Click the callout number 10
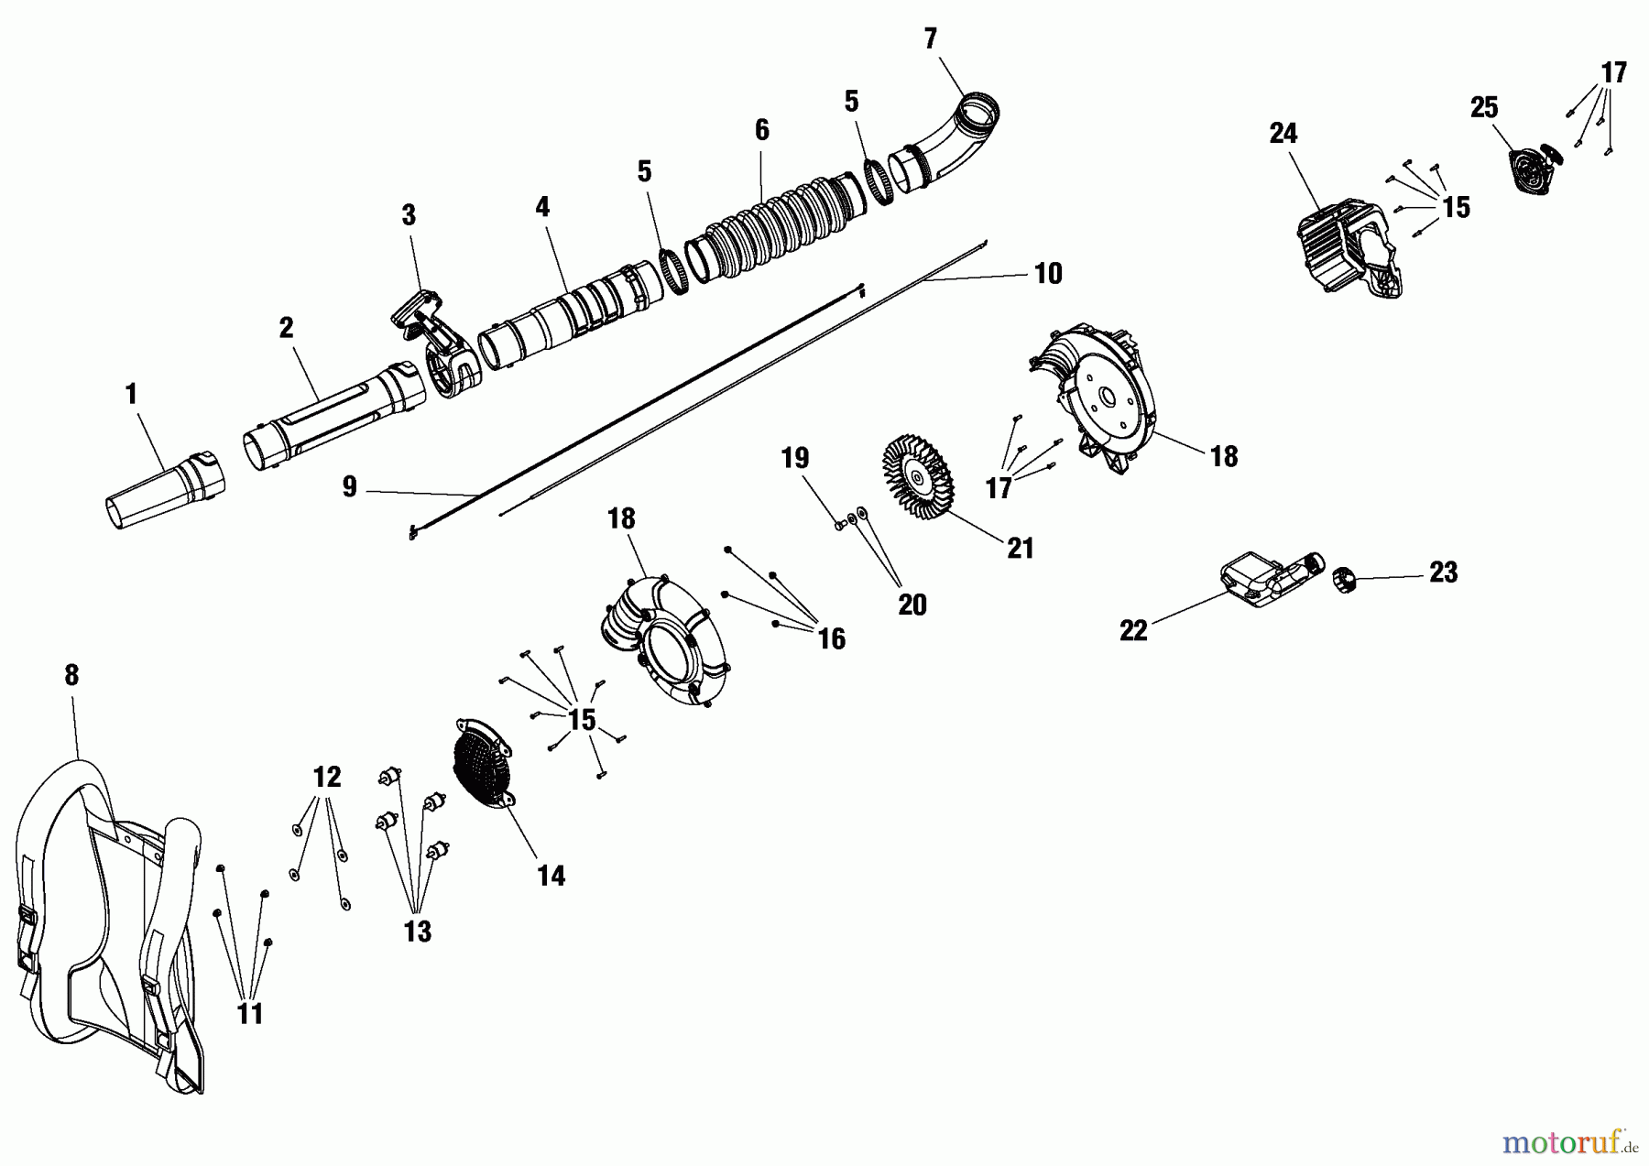point(1048,273)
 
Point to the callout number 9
point(349,487)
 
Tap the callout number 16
point(831,638)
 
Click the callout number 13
point(417,932)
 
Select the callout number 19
point(794,458)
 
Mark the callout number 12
point(327,777)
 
